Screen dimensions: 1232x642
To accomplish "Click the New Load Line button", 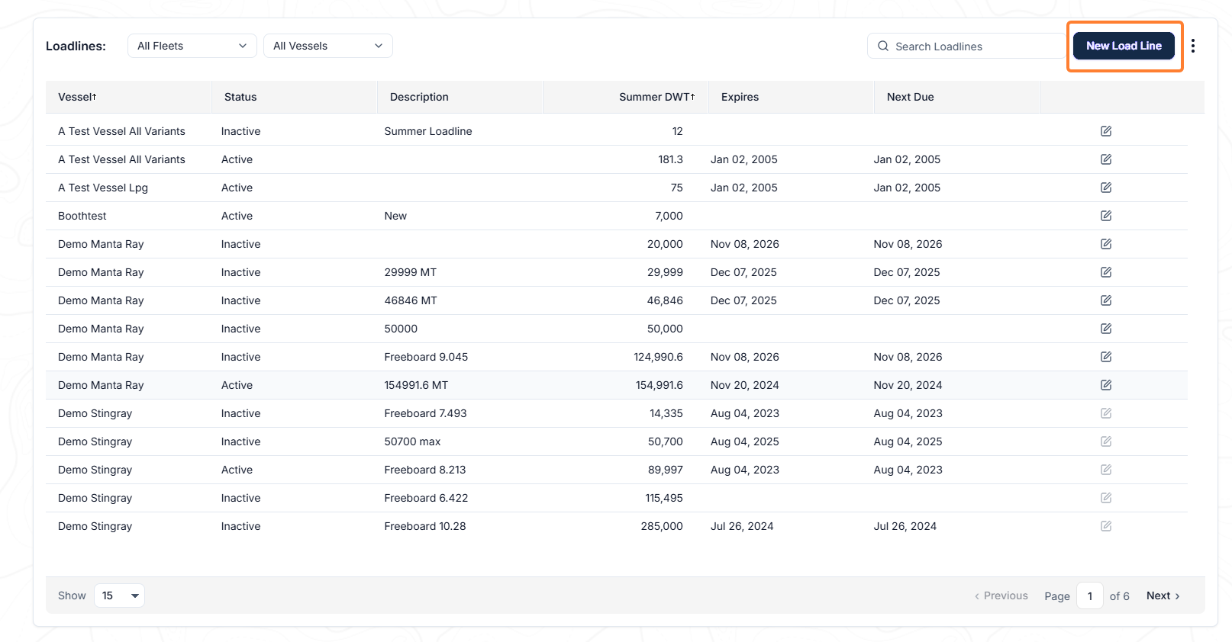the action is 1124,46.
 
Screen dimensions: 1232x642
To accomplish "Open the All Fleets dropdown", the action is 192,46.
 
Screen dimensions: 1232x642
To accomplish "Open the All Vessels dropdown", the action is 327,46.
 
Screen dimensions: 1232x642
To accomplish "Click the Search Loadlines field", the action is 966,47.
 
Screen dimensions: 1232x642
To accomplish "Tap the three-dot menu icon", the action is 1193,46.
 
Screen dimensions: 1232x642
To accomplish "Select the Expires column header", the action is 740,97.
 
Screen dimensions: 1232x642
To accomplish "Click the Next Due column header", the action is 910,97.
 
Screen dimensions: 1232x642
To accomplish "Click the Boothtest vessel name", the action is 82,216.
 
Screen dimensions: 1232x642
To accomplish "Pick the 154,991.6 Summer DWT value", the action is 659,385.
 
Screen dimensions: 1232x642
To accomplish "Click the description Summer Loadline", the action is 428,131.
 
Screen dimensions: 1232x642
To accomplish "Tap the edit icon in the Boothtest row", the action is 1106,216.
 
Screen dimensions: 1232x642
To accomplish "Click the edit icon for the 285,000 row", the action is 1106,526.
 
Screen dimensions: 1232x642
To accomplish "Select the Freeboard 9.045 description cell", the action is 426,357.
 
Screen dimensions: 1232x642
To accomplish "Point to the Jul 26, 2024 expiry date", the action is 741,526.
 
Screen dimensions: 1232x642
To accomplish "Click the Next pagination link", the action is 1163,595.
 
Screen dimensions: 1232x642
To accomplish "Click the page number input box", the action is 1089,595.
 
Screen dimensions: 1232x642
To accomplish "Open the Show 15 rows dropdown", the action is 119,595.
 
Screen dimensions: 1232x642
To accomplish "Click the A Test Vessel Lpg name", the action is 103,188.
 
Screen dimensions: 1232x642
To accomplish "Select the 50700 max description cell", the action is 412,441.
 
